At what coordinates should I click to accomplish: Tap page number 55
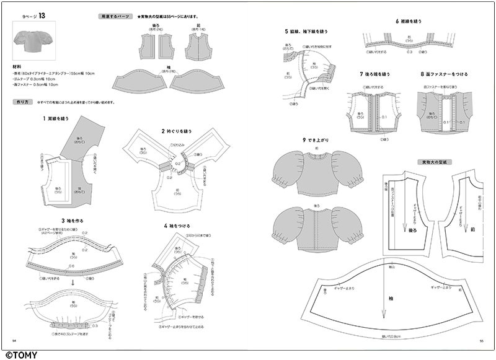[481, 340]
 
